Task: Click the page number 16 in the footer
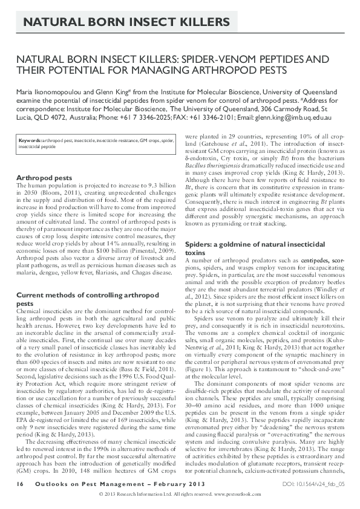[x=21, y=485]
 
